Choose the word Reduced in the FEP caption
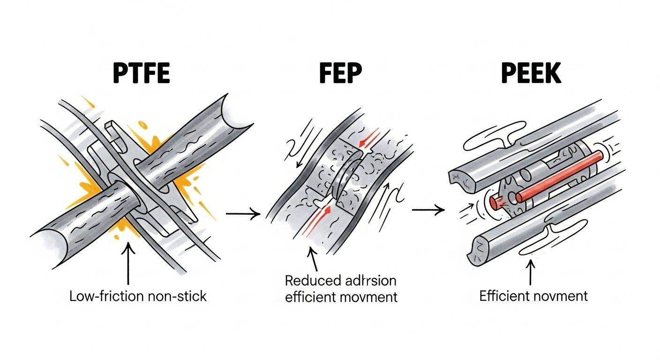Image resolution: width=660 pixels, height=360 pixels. pyautogui.click(x=313, y=281)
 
